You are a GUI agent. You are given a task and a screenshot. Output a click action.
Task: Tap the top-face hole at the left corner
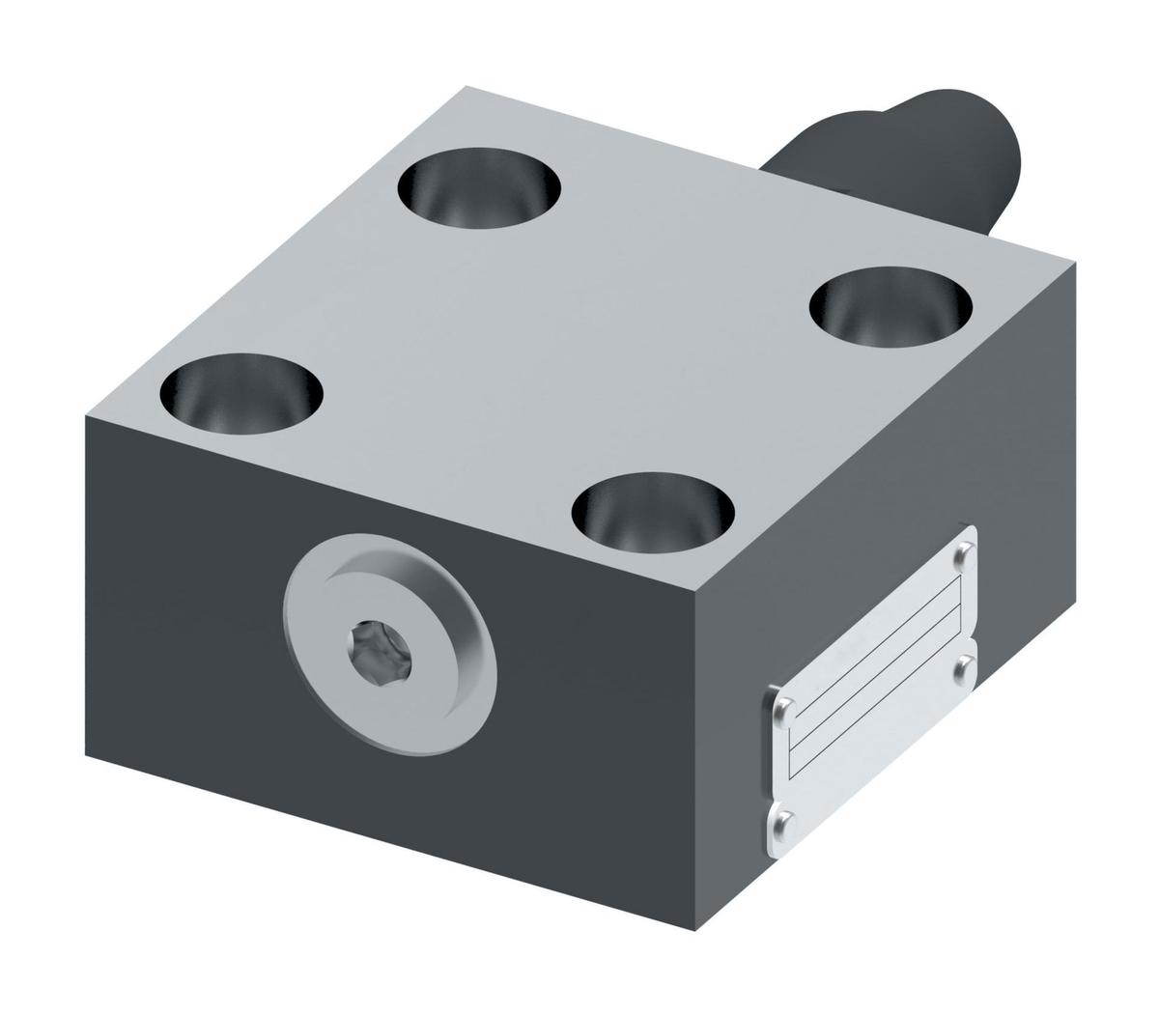coord(241,387)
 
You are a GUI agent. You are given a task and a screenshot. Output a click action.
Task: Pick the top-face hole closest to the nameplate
coord(653,506)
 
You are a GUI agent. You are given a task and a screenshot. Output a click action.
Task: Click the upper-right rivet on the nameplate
coord(964,553)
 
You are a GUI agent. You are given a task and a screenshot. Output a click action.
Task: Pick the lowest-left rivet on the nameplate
coord(785,820)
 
